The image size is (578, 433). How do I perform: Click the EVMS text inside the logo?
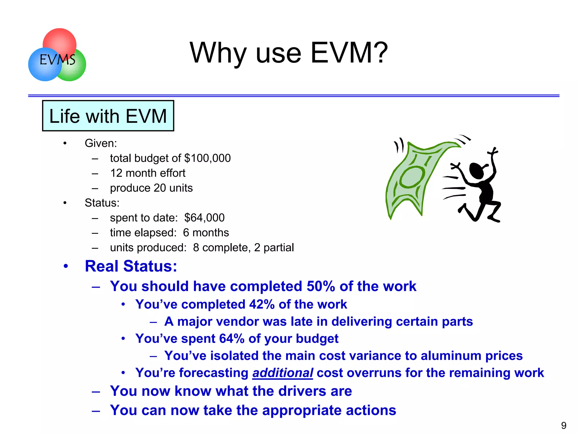57,60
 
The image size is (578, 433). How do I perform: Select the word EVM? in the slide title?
349,53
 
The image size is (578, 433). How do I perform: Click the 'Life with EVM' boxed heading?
108,116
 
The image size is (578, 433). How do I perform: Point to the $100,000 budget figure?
207,158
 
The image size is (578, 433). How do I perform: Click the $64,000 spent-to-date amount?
204,218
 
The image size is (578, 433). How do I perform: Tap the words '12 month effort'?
148,173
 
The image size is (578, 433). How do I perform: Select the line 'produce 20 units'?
151,188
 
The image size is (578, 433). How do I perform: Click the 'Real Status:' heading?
131,266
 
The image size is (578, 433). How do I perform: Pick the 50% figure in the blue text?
321,286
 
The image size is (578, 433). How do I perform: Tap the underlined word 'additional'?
283,373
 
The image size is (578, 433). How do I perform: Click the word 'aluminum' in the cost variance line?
451,356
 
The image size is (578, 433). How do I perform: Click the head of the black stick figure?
476,171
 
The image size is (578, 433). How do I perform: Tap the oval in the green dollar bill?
412,177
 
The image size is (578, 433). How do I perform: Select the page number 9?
564,425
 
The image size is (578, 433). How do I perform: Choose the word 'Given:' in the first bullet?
101,143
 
